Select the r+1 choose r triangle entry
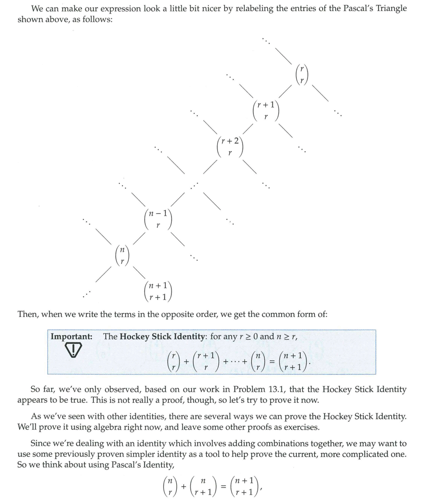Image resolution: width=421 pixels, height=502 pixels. click(x=266, y=111)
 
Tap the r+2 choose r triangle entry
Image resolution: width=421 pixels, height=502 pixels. click(x=230, y=147)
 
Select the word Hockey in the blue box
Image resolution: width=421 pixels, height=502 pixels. click(x=134, y=337)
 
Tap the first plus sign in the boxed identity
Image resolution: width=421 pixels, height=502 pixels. click(x=186, y=361)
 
